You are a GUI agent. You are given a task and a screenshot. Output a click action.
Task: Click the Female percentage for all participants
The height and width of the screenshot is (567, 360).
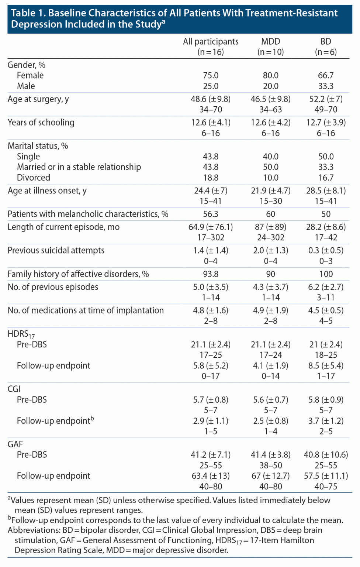pyautogui.click(x=211, y=75)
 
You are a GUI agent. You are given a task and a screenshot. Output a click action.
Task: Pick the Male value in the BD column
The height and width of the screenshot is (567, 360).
pyautogui.click(x=326, y=86)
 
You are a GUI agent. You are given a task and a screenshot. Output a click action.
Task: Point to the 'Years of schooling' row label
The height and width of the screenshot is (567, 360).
pyautogui.click(x=41, y=123)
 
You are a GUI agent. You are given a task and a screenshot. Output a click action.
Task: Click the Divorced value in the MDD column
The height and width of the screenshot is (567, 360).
pyautogui.click(x=271, y=178)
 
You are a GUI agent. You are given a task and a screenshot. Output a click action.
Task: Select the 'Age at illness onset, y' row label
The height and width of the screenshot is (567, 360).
pyautogui.click(x=47, y=190)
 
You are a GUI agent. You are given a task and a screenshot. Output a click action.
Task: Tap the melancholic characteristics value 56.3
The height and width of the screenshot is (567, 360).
pyautogui.click(x=211, y=214)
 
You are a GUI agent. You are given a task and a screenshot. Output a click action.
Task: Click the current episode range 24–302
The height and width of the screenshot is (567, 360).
pyautogui.click(x=271, y=237)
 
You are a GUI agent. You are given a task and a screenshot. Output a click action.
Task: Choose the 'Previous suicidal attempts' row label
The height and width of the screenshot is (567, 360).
pyautogui.click(x=56, y=250)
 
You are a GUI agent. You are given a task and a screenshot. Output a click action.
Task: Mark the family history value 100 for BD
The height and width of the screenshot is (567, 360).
pyautogui.click(x=326, y=274)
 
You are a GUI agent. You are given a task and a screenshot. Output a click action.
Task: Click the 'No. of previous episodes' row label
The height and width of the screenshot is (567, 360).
pyautogui.click(x=53, y=287)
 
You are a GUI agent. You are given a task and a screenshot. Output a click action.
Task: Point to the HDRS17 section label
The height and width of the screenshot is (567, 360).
pyautogui.click(x=21, y=334)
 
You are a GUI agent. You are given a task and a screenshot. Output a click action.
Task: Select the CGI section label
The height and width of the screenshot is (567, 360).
pyautogui.click(x=14, y=389)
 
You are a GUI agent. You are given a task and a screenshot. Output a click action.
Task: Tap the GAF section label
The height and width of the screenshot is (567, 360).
pyautogui.click(x=15, y=444)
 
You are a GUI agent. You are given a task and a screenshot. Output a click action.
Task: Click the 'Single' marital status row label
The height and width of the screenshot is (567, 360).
pyautogui.click(x=28, y=157)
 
